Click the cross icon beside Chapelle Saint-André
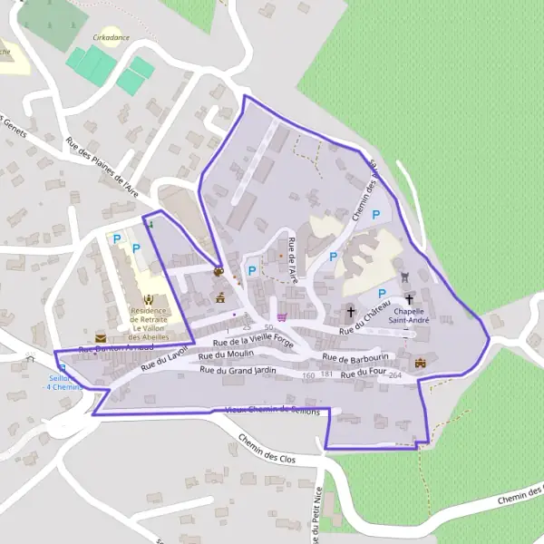pos(409,298)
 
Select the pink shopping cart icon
pos(282,316)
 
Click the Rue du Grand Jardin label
pos(238,370)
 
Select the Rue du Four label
pos(364,373)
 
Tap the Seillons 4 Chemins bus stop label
pos(63,383)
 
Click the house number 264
pos(394,374)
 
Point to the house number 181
pos(327,374)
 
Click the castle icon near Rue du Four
pos(420,363)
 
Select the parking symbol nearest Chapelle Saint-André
pos(382,293)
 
